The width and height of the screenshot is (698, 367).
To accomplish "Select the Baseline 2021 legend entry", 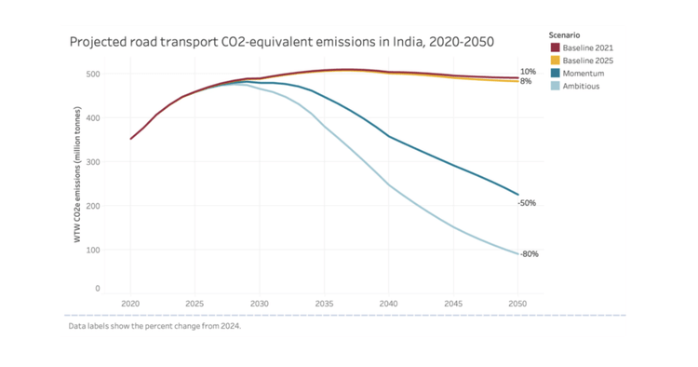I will pos(586,47).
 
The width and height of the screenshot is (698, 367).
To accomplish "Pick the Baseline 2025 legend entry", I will pos(586,60).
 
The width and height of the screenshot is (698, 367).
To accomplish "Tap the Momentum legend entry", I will pos(584,73).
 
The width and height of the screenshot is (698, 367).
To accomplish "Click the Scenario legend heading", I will pos(566,34).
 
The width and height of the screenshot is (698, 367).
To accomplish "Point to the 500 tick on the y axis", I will pos(96,74).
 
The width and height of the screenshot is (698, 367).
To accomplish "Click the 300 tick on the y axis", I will pos(96,162).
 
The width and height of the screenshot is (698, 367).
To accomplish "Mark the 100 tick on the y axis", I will pos(96,250).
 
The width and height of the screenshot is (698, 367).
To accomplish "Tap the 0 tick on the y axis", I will pos(99,289).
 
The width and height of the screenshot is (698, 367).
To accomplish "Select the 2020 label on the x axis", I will pos(130,304).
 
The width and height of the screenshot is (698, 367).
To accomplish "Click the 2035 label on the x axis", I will pos(324,304).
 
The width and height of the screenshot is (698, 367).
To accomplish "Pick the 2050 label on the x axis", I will pos(517,304).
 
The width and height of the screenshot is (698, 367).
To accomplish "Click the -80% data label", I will pos(529,254).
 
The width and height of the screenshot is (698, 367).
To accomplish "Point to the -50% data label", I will pos(527,203).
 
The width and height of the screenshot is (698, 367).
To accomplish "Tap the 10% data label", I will pos(528,72).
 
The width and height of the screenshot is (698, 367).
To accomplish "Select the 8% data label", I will pos(526,82).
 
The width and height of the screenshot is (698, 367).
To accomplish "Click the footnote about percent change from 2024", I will pos(154,327).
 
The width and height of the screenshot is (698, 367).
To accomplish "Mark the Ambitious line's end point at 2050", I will pos(517,253).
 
